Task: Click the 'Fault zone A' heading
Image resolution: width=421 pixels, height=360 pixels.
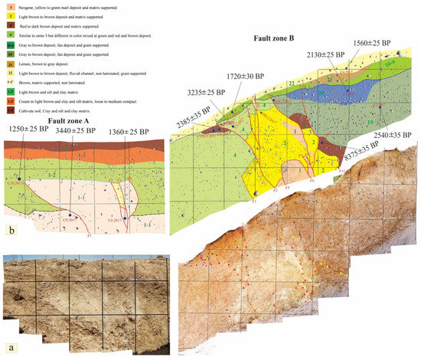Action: pos(73,119)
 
